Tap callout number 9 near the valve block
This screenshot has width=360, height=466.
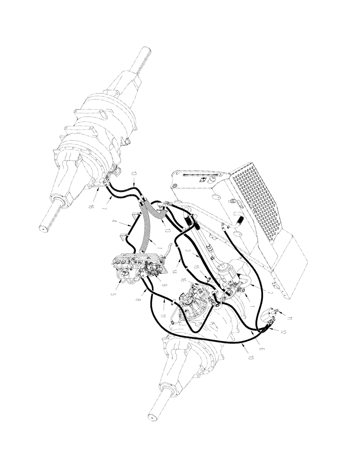coord(164,284)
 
